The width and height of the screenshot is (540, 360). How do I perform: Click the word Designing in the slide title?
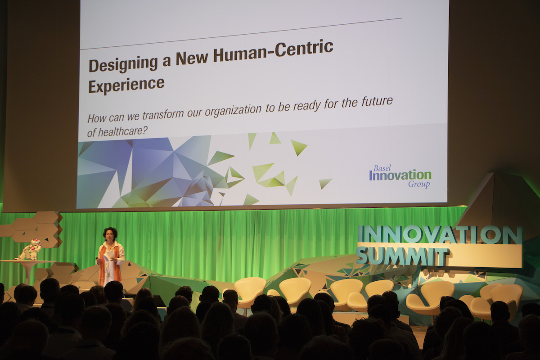tap(123, 64)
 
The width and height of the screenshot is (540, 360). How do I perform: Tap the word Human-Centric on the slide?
tap(273, 52)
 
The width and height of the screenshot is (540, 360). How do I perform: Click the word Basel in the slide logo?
tap(382, 168)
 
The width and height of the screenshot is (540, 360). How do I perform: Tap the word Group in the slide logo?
tap(419, 184)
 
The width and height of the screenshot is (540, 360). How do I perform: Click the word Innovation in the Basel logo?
tap(400, 175)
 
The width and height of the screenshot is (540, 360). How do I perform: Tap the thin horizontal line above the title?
tap(241, 34)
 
